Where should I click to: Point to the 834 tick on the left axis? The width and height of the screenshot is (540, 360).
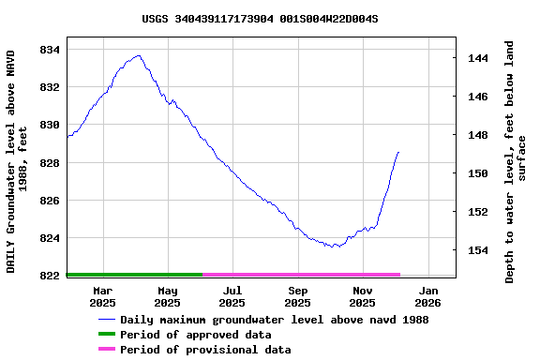[49, 49]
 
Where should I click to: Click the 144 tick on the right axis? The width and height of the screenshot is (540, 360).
[477, 58]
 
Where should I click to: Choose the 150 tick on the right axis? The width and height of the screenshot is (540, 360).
[477, 173]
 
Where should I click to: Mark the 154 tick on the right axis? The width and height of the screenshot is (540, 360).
[477, 250]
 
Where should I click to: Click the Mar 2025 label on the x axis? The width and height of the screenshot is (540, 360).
[102, 296]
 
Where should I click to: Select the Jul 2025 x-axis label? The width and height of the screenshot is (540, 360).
[232, 296]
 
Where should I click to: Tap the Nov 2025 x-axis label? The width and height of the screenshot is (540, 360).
[362, 296]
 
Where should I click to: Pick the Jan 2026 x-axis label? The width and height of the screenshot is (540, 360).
[427, 296]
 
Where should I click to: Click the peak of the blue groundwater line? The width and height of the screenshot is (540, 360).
[139, 55]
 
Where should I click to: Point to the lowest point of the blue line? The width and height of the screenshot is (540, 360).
[335, 247]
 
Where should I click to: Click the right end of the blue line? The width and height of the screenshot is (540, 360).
[398, 152]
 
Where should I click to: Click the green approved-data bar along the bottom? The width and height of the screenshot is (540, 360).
[134, 275]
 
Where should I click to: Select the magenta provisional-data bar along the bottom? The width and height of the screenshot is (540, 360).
[301, 275]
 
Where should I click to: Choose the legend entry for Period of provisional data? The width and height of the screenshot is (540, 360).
[204, 350]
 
